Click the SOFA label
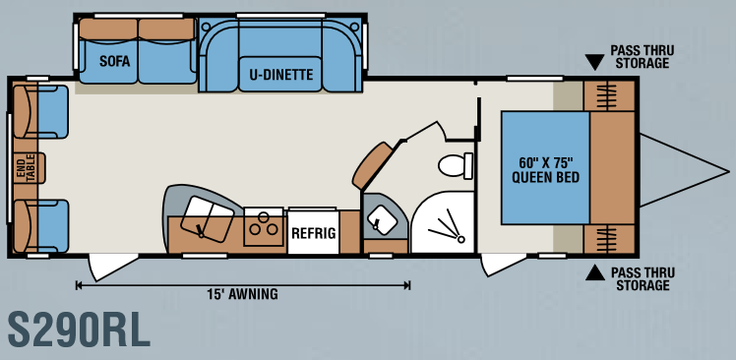point(114,62)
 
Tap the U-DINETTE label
point(280,75)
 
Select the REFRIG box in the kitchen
point(314,232)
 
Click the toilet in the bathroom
point(456,165)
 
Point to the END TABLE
point(26,167)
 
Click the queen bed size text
point(545,170)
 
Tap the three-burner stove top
point(264,227)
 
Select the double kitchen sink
point(207,219)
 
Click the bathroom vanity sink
point(383,219)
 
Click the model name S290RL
point(79,330)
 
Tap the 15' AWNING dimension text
point(243,294)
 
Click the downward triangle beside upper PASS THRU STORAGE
point(594,61)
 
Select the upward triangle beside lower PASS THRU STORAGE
point(594,273)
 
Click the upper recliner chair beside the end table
point(41,112)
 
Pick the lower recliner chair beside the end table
point(41,226)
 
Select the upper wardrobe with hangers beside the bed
point(609,95)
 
